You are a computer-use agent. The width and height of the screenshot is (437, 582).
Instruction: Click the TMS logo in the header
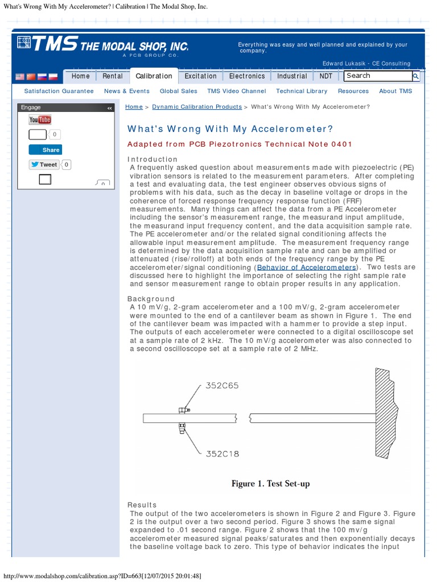102,45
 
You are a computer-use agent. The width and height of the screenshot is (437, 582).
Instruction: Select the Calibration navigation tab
154,76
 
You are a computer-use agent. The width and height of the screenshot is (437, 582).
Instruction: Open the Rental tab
113,76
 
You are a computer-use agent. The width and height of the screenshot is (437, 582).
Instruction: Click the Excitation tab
200,76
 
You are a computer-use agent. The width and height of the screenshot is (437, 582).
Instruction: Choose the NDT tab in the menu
326,76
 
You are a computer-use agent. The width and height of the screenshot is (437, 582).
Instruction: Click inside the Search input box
377,76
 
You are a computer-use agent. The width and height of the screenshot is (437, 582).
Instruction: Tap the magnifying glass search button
416,76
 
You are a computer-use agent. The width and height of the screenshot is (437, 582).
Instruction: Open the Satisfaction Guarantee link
59,91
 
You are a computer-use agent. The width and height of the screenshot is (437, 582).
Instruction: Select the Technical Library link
302,91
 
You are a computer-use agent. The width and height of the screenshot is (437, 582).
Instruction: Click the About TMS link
395,91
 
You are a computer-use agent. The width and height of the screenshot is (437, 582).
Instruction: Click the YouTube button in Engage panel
40,119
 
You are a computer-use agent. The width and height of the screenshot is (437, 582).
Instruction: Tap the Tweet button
44,165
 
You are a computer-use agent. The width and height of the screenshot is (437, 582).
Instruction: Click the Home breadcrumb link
134,107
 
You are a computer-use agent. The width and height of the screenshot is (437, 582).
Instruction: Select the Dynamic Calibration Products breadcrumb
197,107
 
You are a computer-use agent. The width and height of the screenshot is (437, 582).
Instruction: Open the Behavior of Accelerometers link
307,267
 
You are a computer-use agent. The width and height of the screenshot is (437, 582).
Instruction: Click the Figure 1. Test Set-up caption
270,484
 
